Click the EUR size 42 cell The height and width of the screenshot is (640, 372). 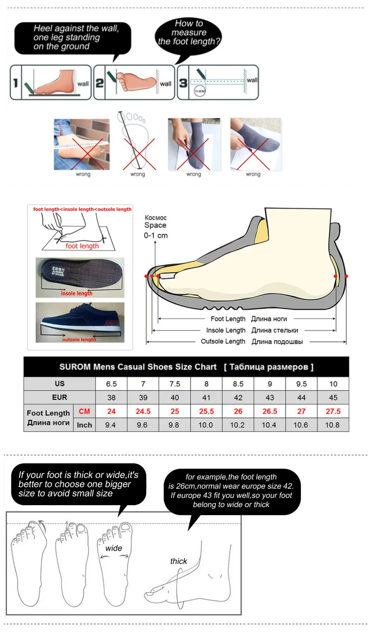click(x=238, y=397)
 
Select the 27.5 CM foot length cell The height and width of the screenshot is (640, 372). click(x=333, y=411)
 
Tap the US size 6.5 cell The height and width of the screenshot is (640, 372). click(x=111, y=384)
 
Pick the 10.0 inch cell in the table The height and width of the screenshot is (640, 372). click(x=206, y=425)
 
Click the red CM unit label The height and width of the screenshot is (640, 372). click(x=84, y=411)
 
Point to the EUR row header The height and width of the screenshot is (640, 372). click(x=60, y=397)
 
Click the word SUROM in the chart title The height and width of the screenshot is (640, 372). click(x=75, y=367)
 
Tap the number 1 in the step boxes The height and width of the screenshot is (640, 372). click(x=16, y=83)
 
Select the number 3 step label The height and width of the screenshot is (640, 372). click(x=183, y=83)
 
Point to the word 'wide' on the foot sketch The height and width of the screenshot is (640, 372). click(x=114, y=548)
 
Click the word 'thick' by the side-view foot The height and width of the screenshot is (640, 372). click(x=178, y=561)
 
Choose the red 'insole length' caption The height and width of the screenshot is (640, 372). click(x=76, y=293)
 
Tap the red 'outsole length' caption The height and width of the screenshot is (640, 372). click(x=79, y=339)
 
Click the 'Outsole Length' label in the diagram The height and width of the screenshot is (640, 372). click(x=223, y=341)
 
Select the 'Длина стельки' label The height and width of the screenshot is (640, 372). click(x=274, y=330)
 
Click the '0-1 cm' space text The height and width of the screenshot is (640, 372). click(x=156, y=235)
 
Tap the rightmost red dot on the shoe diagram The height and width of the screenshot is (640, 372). click(x=346, y=276)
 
